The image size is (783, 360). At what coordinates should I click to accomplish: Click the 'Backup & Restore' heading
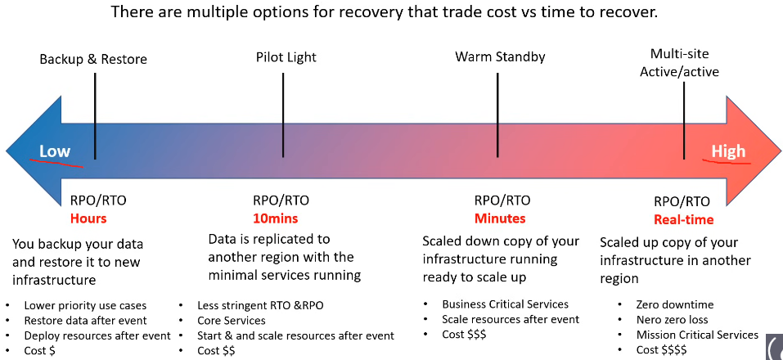click(93, 60)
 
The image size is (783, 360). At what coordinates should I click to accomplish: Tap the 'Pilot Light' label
click(286, 57)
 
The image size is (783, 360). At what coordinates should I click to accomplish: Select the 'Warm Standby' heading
click(500, 57)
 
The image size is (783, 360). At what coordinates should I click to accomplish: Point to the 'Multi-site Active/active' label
click(680, 62)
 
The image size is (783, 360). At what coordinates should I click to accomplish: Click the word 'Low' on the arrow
click(55, 151)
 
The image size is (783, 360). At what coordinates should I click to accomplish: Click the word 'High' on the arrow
click(728, 151)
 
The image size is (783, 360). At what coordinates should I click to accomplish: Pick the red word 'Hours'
click(88, 218)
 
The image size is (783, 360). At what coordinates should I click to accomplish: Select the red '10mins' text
click(275, 218)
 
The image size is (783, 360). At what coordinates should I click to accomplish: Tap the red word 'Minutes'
click(500, 218)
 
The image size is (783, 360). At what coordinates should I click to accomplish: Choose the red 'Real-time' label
click(684, 220)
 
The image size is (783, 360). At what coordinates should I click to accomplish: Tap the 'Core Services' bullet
click(232, 320)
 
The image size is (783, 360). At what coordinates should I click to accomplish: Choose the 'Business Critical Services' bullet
click(505, 304)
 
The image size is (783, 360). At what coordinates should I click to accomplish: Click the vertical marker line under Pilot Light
click(283, 115)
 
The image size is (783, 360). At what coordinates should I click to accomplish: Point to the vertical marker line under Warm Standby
click(498, 115)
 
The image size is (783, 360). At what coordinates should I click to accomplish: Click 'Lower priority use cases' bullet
click(85, 305)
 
